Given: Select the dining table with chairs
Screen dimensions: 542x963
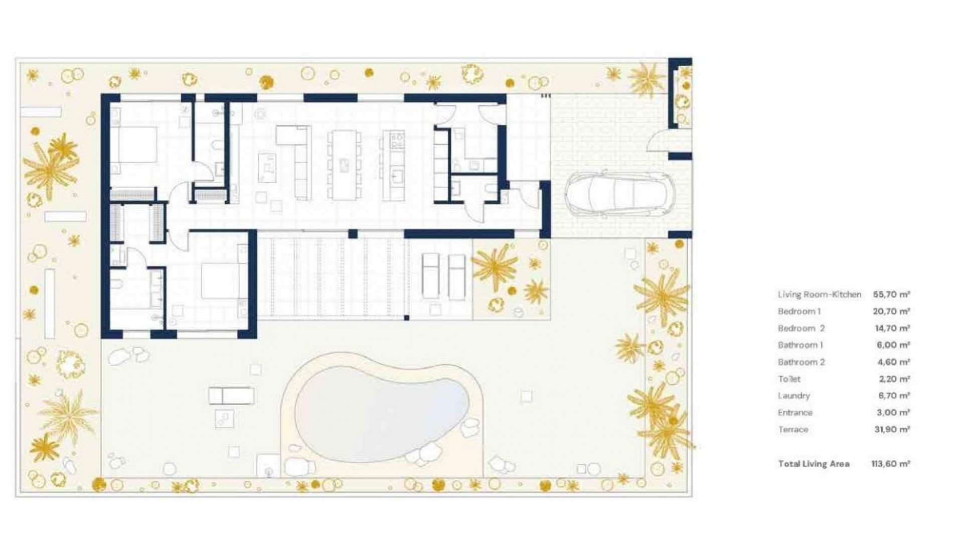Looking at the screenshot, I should (344, 165).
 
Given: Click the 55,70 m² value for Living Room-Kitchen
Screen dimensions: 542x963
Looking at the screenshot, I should (891, 295).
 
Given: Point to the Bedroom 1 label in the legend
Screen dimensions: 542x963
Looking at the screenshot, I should (799, 312).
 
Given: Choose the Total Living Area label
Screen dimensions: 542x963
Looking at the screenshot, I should (814, 464).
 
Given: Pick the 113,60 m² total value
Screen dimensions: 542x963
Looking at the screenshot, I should (890, 464).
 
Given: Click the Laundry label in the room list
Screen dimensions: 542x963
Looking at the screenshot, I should (793, 396).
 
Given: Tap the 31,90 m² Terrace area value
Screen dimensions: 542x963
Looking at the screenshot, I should (892, 430).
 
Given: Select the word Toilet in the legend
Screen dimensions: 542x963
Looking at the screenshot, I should (789, 379).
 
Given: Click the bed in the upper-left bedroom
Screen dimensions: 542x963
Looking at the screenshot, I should (133, 150).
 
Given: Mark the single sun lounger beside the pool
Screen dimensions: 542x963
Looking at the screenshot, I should (231, 395).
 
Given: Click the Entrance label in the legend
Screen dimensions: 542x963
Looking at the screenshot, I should (795, 413).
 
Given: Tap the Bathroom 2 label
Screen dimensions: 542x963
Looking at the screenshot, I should (801, 362).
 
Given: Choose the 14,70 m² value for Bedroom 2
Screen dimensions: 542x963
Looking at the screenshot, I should (891, 328).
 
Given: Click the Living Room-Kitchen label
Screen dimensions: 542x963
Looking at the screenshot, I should (819, 295).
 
